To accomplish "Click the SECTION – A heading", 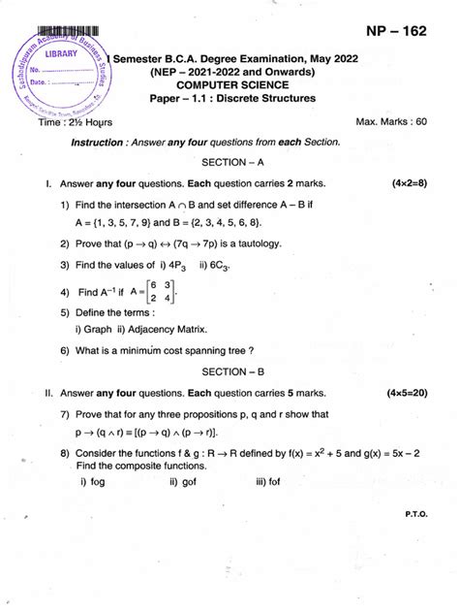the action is tap(229, 161).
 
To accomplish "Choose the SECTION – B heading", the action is tap(229, 371).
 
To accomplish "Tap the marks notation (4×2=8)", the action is tap(410, 183).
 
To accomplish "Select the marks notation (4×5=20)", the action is tap(407, 394).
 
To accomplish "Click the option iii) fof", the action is tap(274, 482).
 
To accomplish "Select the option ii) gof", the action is tap(185, 482).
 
